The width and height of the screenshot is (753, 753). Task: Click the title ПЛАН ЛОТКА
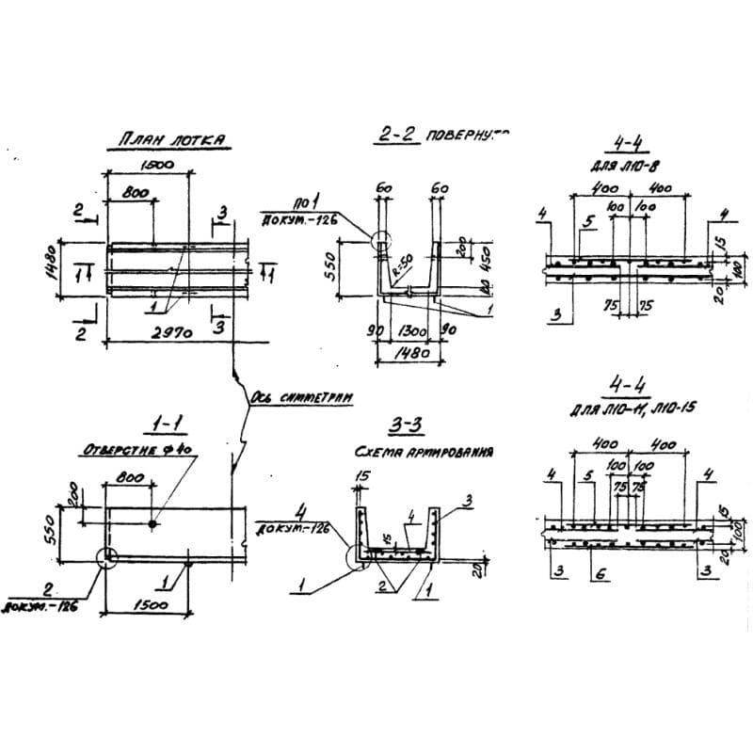[x=171, y=139]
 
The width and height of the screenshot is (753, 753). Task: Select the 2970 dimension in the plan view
[x=170, y=330]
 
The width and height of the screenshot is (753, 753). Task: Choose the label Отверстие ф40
[x=138, y=451]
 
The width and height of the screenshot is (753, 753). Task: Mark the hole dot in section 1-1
[x=154, y=522]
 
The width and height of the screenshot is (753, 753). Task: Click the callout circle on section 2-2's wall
[x=381, y=241]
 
